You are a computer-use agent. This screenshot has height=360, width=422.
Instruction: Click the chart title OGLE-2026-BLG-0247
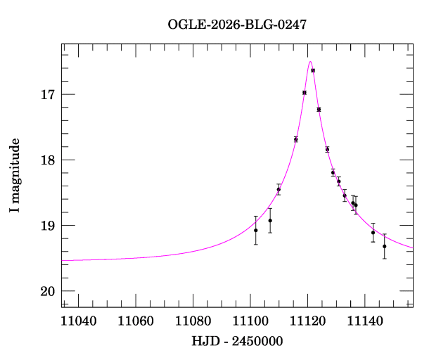(237, 25)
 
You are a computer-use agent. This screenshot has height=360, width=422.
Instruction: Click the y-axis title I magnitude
(15, 176)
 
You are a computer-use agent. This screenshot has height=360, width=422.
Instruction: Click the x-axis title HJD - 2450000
(237, 342)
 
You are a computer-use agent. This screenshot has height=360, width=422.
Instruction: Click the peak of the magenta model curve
(310, 62)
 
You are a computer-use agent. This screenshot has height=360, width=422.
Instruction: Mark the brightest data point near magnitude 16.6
(313, 70)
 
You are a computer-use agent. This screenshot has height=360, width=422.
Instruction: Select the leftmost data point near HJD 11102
(255, 230)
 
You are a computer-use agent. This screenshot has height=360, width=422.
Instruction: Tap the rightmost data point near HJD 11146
(384, 246)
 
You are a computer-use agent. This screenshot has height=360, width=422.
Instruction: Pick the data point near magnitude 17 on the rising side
(305, 92)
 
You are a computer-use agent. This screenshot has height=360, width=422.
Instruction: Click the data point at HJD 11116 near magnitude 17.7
(295, 139)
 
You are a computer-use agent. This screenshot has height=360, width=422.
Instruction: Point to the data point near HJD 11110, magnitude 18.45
(279, 189)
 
